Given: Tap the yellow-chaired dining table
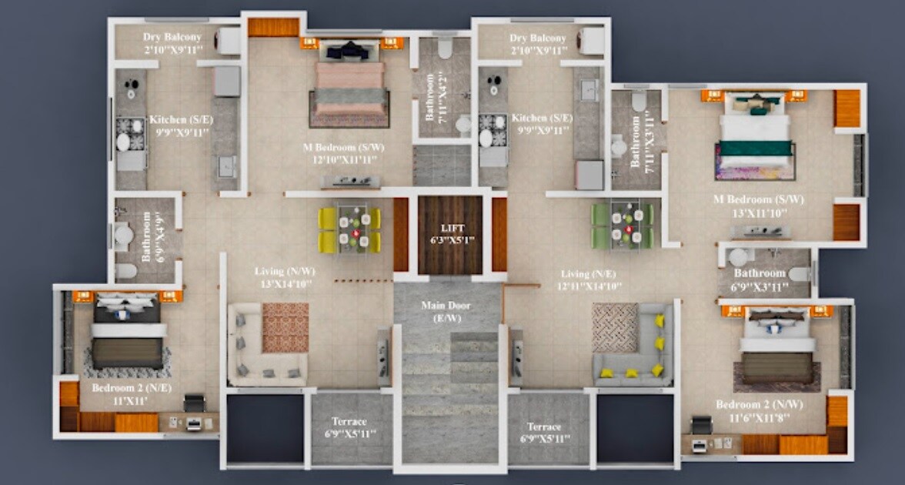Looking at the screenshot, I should coord(350,229).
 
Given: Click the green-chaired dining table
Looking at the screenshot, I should coord(622,225).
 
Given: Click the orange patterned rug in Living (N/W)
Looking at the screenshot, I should coord(285,327).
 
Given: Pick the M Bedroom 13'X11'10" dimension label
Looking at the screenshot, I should coord(759,211).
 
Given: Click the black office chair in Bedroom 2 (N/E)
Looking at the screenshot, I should coord(194,403).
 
